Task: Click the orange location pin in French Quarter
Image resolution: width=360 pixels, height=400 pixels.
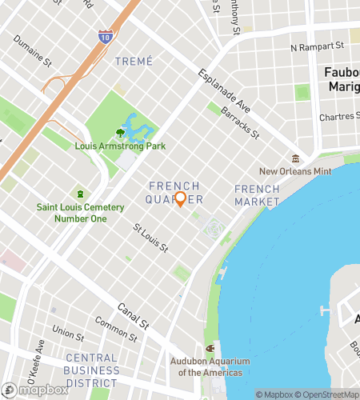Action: pos(180,199)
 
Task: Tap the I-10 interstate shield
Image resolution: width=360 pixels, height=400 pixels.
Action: pos(105,36)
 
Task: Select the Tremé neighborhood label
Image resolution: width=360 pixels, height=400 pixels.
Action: pos(133,61)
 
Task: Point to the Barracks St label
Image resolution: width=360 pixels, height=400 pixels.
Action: pos(240,122)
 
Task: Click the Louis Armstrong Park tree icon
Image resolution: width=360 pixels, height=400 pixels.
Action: pos(121,133)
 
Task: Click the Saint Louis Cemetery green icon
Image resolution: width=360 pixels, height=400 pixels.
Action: pos(80,194)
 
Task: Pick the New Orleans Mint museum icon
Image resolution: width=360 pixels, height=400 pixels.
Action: pos(295,158)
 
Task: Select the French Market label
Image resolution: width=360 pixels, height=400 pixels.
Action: pos(257,195)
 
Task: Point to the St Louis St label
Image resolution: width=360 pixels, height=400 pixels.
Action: pos(150,238)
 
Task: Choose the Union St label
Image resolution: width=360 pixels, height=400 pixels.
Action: pos(68,331)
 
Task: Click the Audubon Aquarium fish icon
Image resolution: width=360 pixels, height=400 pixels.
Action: pos(210,348)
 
